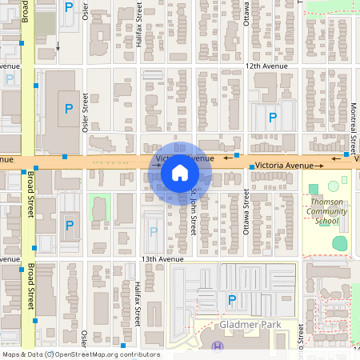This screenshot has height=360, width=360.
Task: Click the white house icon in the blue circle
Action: point(180,172)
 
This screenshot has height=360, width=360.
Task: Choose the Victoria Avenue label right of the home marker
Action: point(285,166)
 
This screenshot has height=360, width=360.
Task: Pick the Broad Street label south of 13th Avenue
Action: point(30,288)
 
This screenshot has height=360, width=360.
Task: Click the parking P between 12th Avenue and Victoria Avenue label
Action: point(273,118)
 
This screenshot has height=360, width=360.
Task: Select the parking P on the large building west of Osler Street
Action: point(69,108)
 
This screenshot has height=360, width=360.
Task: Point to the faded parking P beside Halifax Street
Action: point(154,230)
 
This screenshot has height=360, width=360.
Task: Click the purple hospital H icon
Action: point(218,346)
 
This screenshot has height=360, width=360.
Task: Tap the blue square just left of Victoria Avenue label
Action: point(251,166)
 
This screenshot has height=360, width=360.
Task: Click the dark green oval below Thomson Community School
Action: point(340,242)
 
